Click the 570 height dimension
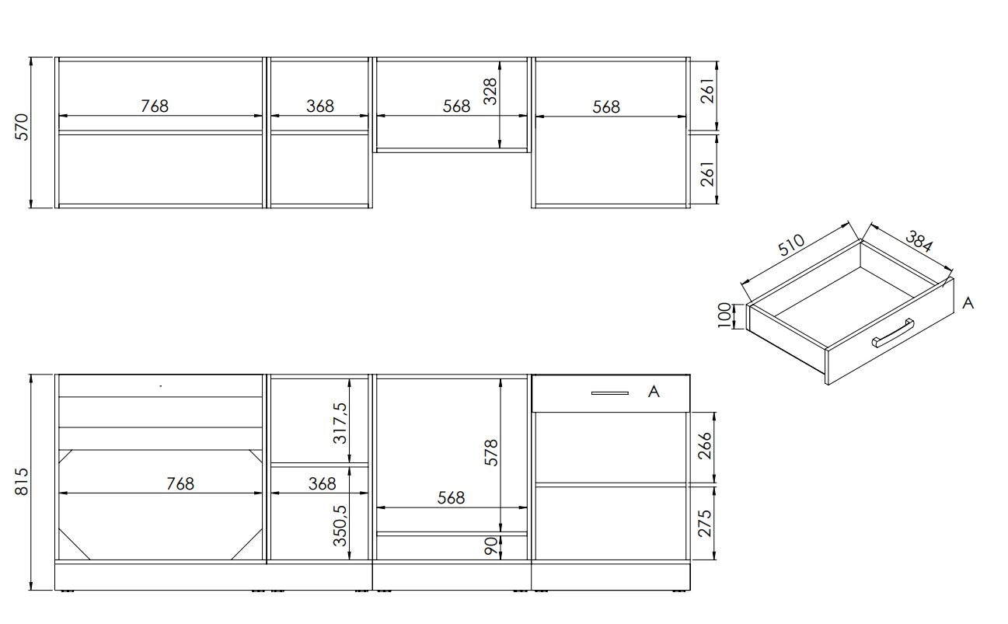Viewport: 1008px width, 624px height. (x=21, y=127)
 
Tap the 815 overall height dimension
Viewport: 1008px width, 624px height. (x=21, y=482)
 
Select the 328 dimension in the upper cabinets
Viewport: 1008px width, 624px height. (x=490, y=91)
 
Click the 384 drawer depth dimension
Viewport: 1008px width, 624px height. (x=919, y=242)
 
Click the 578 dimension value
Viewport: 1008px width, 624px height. (x=490, y=454)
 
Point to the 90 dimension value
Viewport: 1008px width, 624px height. (x=490, y=547)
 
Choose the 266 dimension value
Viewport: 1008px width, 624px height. (x=706, y=447)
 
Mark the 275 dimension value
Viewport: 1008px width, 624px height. (x=706, y=523)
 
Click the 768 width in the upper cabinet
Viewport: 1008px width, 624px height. (x=155, y=106)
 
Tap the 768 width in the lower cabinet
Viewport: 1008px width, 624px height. (x=180, y=483)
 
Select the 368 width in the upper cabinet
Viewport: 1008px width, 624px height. (x=319, y=106)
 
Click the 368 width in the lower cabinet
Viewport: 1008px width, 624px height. (x=322, y=483)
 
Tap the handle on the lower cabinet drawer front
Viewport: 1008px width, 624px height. (x=609, y=393)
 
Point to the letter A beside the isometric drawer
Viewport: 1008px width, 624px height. (x=968, y=303)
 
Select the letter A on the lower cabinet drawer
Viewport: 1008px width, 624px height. (x=654, y=392)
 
